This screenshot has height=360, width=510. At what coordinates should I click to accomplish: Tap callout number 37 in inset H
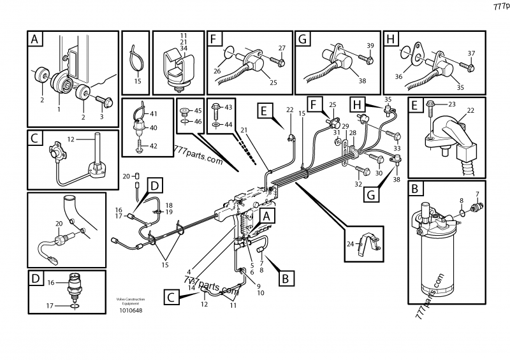tap(472, 53)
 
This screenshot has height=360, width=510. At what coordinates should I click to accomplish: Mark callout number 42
tap(153, 146)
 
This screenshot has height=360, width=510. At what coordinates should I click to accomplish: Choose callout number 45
tap(198, 111)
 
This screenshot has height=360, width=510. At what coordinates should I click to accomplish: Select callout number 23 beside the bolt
tap(452, 104)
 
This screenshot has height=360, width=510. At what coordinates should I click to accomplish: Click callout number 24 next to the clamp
tap(349, 243)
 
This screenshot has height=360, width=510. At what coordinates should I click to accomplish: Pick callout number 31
tap(337, 132)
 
